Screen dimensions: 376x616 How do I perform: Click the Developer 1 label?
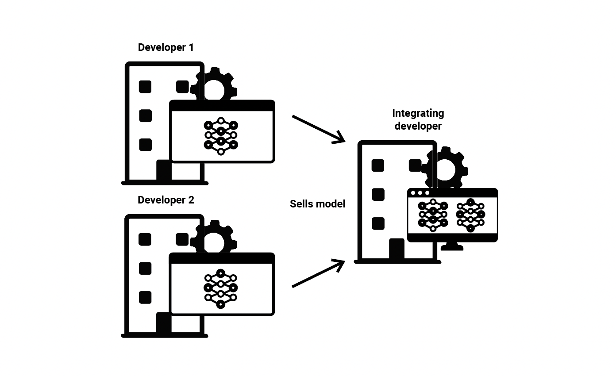tap(166, 47)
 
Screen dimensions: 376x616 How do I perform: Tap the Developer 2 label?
tap(166, 200)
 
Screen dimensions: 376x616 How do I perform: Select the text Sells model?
tap(317, 204)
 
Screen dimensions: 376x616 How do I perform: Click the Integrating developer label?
tap(418, 119)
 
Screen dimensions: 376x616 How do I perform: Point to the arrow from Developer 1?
tap(318, 129)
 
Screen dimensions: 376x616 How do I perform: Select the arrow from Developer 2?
tap(318, 274)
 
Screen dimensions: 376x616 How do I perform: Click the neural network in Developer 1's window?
tap(221, 136)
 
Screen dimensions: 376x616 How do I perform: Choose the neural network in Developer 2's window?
tap(221, 288)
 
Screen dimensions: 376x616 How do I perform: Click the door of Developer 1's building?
tap(164, 171)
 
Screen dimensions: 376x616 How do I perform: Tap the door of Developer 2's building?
tap(164, 323)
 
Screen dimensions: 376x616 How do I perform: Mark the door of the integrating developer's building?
tap(397, 249)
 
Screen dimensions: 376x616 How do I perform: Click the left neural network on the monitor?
tap(433, 215)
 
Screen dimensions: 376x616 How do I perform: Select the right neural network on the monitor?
tap(470, 215)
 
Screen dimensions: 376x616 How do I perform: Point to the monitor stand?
tap(452, 246)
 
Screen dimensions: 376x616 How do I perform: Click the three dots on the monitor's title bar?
tap(420, 193)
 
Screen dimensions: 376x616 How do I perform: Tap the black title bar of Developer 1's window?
tap(222, 106)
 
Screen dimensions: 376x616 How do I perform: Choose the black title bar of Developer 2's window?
tap(222, 258)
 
